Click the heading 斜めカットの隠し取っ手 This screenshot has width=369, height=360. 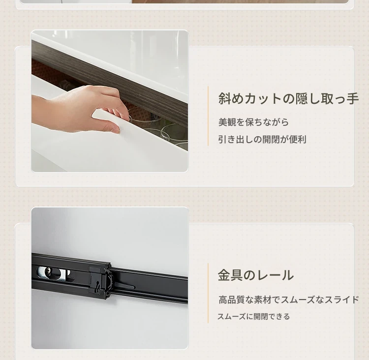coord(288,98)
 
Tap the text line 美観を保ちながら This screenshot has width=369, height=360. coord(253,122)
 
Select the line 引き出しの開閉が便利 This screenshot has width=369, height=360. coord(262,139)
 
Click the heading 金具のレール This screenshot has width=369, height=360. coord(255,275)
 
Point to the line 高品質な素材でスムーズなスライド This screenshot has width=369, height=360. coord(288,300)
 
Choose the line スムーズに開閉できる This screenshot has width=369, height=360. coord(253,316)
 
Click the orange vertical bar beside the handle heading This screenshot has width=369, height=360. coord(208,116)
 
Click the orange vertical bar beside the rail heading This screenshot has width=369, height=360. coord(208,293)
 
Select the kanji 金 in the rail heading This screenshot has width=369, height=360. coord(224,275)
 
